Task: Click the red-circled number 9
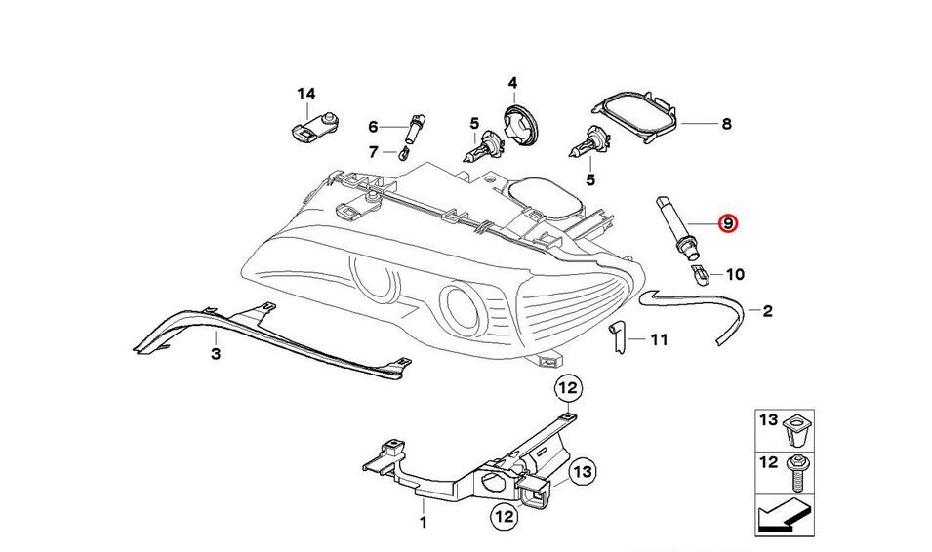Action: [x=728, y=223]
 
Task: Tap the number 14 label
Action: [x=306, y=95]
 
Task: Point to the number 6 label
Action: [x=373, y=127]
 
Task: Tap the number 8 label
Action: [x=726, y=124]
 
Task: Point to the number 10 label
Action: [x=735, y=274]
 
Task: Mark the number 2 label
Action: [x=767, y=311]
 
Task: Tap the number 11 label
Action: [x=659, y=340]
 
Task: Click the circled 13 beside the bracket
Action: [x=583, y=473]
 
